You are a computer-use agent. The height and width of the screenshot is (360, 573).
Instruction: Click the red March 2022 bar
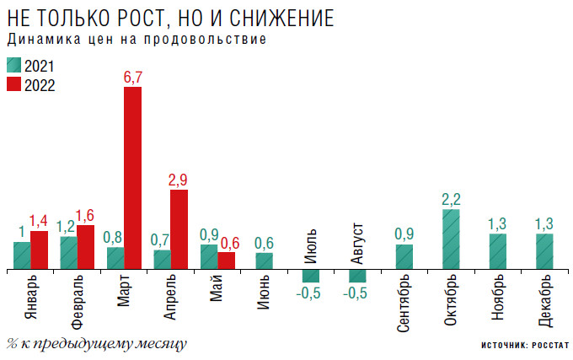pos(132,178)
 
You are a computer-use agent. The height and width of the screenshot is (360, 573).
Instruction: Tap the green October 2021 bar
pos(452,239)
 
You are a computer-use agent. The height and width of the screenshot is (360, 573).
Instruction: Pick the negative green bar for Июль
pos(312,276)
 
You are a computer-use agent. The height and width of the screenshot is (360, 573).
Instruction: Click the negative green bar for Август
pos(358,276)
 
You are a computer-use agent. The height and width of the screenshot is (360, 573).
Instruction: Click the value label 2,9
pos(179,180)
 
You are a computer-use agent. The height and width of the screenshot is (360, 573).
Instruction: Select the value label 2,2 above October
pos(452,200)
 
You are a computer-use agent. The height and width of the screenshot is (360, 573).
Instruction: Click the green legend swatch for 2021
pos(13,66)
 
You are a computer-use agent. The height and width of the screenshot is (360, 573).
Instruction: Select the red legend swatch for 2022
pos(13,84)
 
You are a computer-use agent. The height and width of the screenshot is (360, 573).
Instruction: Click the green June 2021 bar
pos(265,261)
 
